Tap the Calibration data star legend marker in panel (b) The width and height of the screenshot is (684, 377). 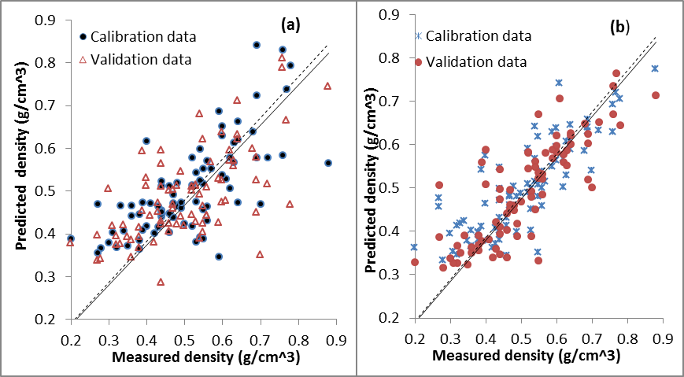[x=419, y=36]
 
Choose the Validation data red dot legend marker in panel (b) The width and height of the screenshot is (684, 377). [x=419, y=61]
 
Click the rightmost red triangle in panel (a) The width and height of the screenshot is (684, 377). [x=327, y=86]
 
